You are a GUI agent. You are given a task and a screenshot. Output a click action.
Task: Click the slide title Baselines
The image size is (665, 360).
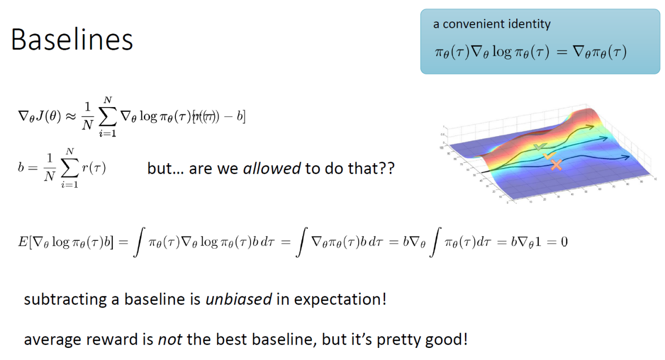point(72,40)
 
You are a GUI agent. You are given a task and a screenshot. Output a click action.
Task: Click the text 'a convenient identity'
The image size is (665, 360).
point(492,24)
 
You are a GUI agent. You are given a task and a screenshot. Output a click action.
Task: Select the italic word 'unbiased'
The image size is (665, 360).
point(238,300)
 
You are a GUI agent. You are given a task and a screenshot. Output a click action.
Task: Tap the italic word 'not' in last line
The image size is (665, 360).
point(170,340)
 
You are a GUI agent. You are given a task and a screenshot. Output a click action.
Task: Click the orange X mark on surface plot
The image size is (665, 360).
point(556,165)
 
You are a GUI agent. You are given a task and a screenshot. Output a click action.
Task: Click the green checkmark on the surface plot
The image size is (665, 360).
point(539,147)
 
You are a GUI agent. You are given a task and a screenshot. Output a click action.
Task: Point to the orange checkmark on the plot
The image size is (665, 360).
point(549,156)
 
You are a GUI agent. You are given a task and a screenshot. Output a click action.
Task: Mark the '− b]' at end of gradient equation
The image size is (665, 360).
point(235,117)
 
